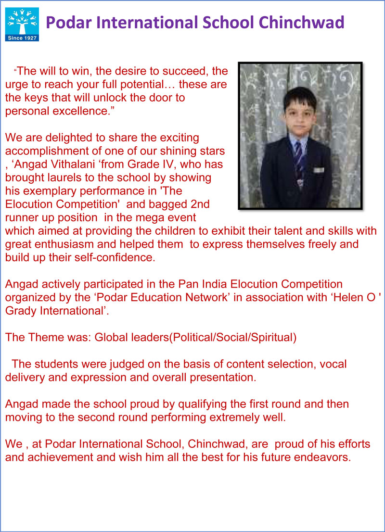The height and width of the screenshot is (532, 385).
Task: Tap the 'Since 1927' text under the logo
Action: [22, 38]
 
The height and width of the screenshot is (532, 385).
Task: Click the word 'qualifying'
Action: [151, 404]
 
